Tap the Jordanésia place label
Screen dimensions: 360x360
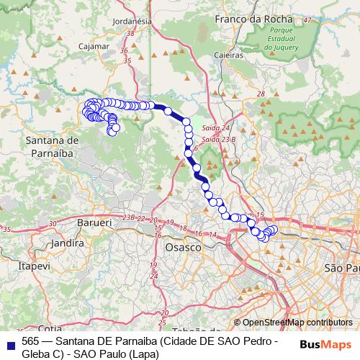click(128, 20)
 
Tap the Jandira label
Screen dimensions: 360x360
click(68, 243)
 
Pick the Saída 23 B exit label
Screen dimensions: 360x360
click(218, 138)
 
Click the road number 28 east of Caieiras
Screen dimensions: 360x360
click(260, 94)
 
